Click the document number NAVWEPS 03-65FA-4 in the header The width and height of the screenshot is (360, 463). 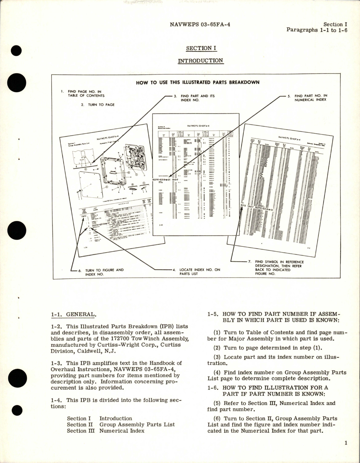(x=200, y=25)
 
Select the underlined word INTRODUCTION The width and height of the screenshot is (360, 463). (x=201, y=61)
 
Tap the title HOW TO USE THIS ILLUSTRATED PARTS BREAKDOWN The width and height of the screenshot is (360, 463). (x=197, y=83)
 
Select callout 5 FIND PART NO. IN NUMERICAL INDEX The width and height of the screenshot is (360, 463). (x=311, y=98)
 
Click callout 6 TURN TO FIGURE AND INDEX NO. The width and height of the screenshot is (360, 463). (x=104, y=272)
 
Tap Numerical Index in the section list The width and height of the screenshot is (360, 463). (x=122, y=431)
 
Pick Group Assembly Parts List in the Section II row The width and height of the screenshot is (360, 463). (x=137, y=424)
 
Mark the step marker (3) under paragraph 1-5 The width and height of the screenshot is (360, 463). (x=212, y=357)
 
